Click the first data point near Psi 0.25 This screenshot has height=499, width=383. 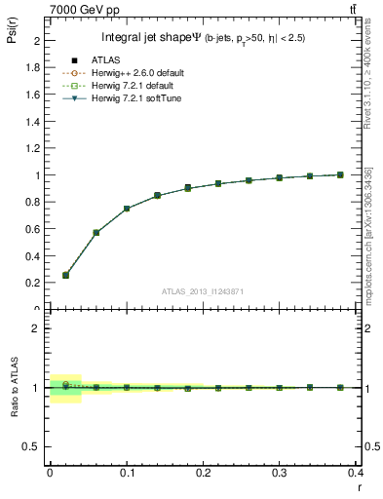65,275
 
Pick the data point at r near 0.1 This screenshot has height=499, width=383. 127,209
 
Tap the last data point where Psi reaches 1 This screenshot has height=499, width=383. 340,174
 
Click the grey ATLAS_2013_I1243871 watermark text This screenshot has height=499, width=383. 202,290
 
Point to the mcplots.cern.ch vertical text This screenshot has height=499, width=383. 368,234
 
